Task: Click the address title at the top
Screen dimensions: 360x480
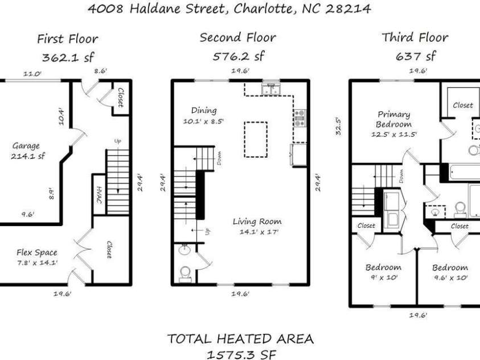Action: (x=229, y=9)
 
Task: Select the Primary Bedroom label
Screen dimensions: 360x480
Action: (x=393, y=120)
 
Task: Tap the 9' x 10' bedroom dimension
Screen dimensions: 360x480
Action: (x=383, y=277)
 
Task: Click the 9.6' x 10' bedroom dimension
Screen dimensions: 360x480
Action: (x=450, y=277)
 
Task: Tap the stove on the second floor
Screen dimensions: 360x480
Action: (x=300, y=118)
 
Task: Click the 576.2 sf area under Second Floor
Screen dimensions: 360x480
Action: (x=239, y=56)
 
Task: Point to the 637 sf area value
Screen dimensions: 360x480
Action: (x=415, y=56)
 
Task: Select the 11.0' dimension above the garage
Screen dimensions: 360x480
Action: (x=32, y=73)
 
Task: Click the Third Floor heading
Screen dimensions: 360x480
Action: (x=415, y=38)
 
